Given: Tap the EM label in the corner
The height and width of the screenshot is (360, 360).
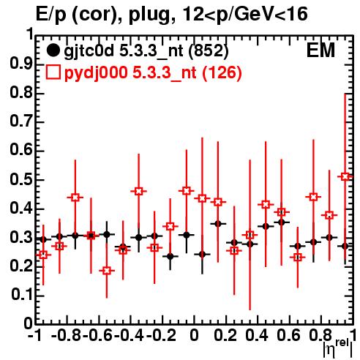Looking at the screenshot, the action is (x=320, y=50).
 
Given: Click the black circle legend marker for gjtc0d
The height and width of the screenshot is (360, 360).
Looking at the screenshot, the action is (x=53, y=50).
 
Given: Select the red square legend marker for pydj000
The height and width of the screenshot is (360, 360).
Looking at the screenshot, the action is (x=53, y=72).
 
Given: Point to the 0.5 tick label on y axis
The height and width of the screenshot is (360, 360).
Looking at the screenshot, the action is (x=21, y=180).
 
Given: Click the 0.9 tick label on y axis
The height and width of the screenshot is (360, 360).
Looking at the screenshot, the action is (x=21, y=64).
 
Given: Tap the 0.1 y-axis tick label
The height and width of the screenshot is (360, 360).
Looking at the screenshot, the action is (x=22, y=295).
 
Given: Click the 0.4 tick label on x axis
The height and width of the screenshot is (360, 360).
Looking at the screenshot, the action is (x=257, y=335).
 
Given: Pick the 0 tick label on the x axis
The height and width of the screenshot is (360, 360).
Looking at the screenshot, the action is (x=194, y=335).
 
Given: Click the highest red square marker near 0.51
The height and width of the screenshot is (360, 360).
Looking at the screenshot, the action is (x=345, y=176).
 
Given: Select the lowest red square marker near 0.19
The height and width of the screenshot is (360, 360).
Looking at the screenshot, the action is (x=107, y=271).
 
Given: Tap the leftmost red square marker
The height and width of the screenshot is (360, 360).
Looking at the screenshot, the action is (x=43, y=255).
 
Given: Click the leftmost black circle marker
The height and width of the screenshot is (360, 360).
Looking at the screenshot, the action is (x=43, y=239).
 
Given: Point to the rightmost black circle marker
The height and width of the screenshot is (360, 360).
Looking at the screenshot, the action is (x=345, y=247).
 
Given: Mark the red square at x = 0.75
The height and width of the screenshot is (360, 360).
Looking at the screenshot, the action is (x=313, y=197).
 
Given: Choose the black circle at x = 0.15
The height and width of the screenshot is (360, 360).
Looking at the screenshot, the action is (x=218, y=224).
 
